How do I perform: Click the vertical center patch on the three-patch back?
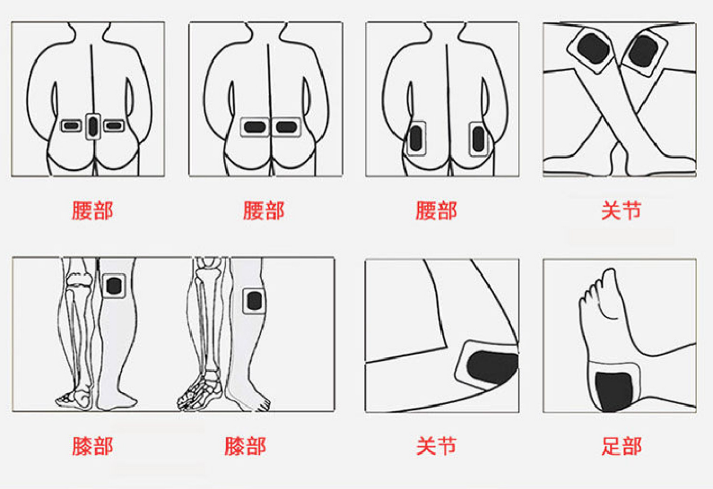pyautogui.click(x=92, y=126)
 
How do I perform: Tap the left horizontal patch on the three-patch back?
pyautogui.click(x=71, y=125)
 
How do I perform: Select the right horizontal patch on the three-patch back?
pyautogui.click(x=114, y=125)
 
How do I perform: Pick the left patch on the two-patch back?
pyautogui.click(x=255, y=127)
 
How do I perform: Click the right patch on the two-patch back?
pyautogui.click(x=286, y=127)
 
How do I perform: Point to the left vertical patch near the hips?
pyautogui.click(x=416, y=139)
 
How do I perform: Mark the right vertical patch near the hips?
pyautogui.click(x=478, y=139)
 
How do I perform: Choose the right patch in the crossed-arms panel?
pyautogui.click(x=643, y=51)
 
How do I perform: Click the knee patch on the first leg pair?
pyautogui.click(x=114, y=286)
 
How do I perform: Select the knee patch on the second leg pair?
pyautogui.click(x=254, y=301)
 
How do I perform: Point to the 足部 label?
pyautogui.click(x=622, y=446)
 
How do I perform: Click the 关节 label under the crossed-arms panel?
pyautogui.click(x=622, y=210)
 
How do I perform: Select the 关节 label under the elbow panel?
pyautogui.click(x=436, y=446)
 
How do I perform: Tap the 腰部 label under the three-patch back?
pyautogui.click(x=92, y=210)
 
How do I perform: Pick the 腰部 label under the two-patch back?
pyautogui.click(x=264, y=210)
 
